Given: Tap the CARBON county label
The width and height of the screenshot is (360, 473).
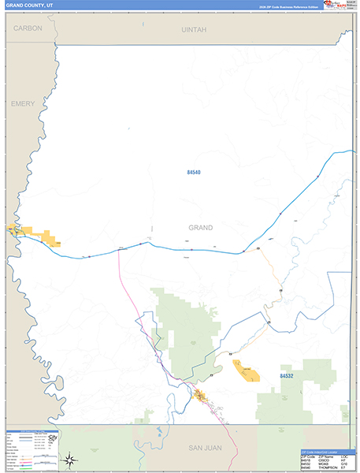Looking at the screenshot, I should point(28,28).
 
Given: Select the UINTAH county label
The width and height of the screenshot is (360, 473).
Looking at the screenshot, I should point(193,29).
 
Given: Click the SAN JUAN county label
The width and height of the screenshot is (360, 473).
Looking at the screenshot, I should point(203,448).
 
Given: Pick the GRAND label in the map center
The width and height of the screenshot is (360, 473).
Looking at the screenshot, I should point(200,227).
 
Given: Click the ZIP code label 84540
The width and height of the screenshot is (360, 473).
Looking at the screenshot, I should point(194,172).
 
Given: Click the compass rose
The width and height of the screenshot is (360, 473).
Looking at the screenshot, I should point(71,460).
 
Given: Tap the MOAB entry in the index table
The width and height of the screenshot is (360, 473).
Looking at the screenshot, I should point(324,464).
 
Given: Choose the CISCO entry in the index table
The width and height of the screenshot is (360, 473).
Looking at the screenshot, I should point(324,460).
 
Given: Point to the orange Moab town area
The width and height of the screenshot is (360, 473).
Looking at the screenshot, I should point(201,394).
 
